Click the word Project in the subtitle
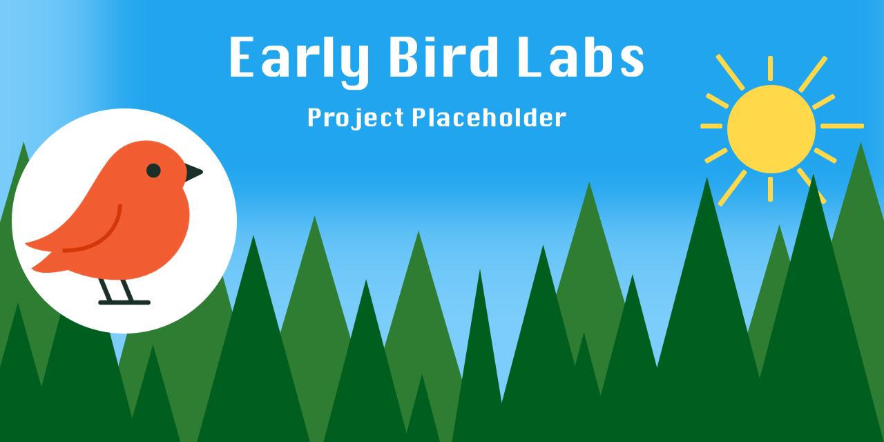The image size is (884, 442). tap(355, 118)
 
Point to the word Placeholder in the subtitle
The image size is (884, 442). tap(489, 117)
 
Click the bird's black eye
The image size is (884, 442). tap(153, 170)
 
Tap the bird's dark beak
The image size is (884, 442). tap(193, 173)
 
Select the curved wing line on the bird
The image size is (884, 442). tap(104, 238)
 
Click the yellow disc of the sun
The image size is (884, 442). tap(771, 129)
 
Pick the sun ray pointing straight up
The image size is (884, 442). tap(770, 68)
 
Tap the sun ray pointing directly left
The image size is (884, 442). tap(711, 126)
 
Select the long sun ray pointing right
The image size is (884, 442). tap(842, 126)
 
